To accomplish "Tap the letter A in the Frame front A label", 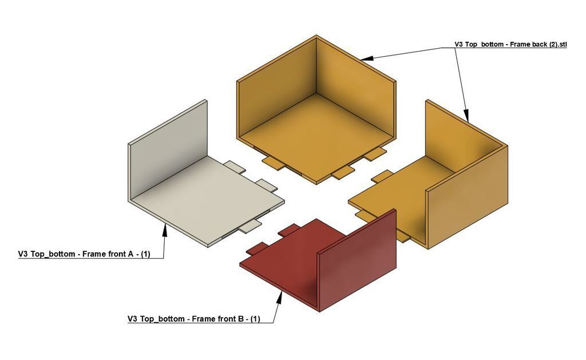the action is pos(130,254).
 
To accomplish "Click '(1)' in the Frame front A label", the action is pos(145,254).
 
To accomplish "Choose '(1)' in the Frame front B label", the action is pos(255,319).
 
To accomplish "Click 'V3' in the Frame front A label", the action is pos(23,254).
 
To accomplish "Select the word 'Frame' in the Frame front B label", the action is pos(204,319).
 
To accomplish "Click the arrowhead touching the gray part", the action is pos(164,230).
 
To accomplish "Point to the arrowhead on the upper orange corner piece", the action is pos(367,58).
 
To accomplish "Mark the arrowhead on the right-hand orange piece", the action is pos(466,116).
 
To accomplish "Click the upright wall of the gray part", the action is pos(168,148).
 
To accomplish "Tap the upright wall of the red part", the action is pos(357,260).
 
